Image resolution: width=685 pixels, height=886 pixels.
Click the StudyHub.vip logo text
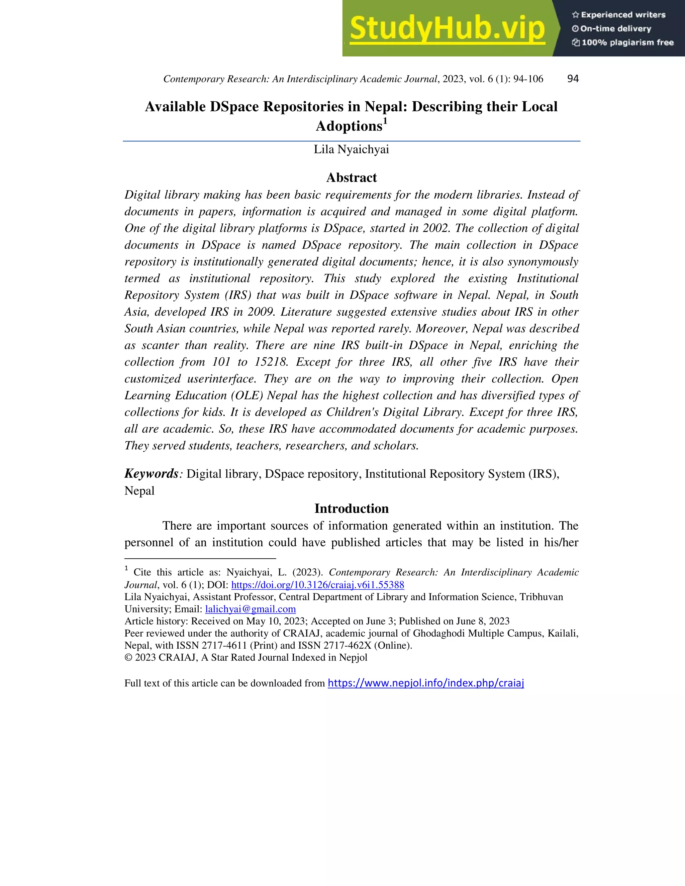(x=447, y=28)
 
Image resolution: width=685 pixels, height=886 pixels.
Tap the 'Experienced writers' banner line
(x=619, y=15)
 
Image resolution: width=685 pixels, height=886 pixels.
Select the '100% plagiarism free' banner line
(x=623, y=42)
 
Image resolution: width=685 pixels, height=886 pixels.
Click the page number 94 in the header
(x=573, y=79)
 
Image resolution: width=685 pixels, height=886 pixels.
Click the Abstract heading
(x=352, y=177)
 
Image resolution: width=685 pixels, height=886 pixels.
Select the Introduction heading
(x=352, y=508)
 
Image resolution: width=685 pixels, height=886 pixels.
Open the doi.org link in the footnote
(x=317, y=584)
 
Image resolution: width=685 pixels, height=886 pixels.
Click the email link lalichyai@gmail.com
(x=251, y=609)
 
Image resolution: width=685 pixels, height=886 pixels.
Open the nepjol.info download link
(x=426, y=683)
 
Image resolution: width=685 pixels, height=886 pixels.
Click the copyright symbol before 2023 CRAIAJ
(x=128, y=658)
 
